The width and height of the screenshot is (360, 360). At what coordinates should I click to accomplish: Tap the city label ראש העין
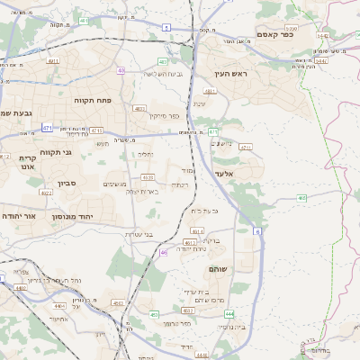click(x=230, y=74)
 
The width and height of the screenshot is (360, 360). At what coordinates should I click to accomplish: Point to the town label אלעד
click(x=224, y=174)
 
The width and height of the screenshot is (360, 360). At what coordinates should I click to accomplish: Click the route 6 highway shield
click(x=257, y=231)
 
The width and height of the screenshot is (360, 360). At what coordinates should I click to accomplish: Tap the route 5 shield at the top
click(x=167, y=27)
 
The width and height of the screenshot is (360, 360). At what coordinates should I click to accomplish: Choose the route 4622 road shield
click(x=46, y=192)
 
